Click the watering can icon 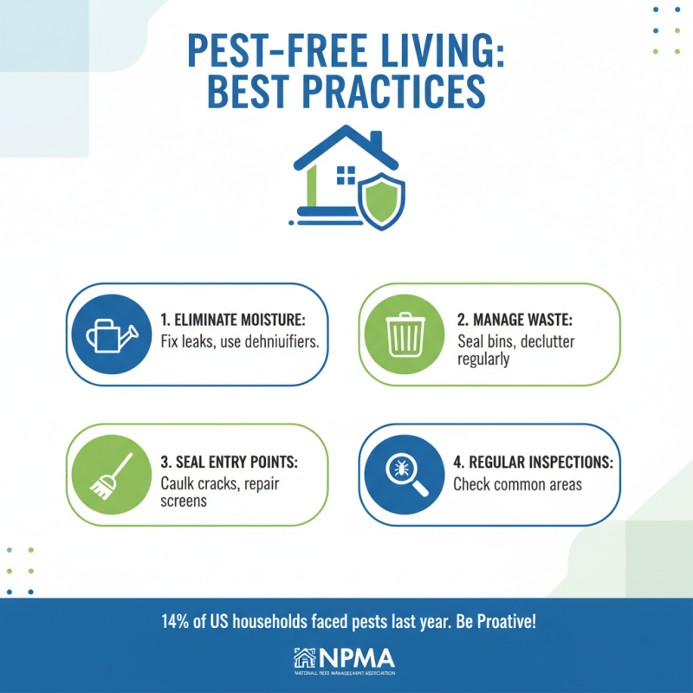(x=106, y=334)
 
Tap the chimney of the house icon (x=375, y=141)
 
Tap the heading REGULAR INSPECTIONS (x=533, y=462)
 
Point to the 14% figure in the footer (x=176, y=622)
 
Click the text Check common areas (x=517, y=484)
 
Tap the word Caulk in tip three (x=179, y=483)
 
